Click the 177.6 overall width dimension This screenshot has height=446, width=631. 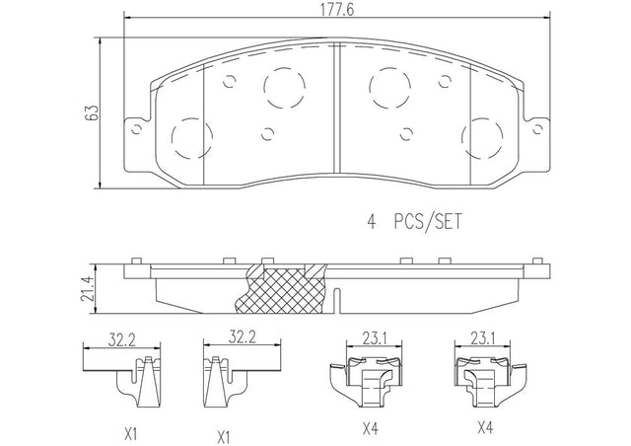tap(337, 10)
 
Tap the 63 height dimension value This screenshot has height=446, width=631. tap(92, 112)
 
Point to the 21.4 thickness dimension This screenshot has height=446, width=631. tap(88, 289)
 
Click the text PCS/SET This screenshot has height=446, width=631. tap(428, 222)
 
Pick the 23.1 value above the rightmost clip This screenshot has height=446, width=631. tap(483, 339)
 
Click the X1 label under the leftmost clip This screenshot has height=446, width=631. tap(131, 434)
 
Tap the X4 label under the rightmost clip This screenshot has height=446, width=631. tap(485, 426)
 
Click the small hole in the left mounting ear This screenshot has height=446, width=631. tap(137, 129)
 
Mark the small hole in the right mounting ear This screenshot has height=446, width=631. tap(536, 129)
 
